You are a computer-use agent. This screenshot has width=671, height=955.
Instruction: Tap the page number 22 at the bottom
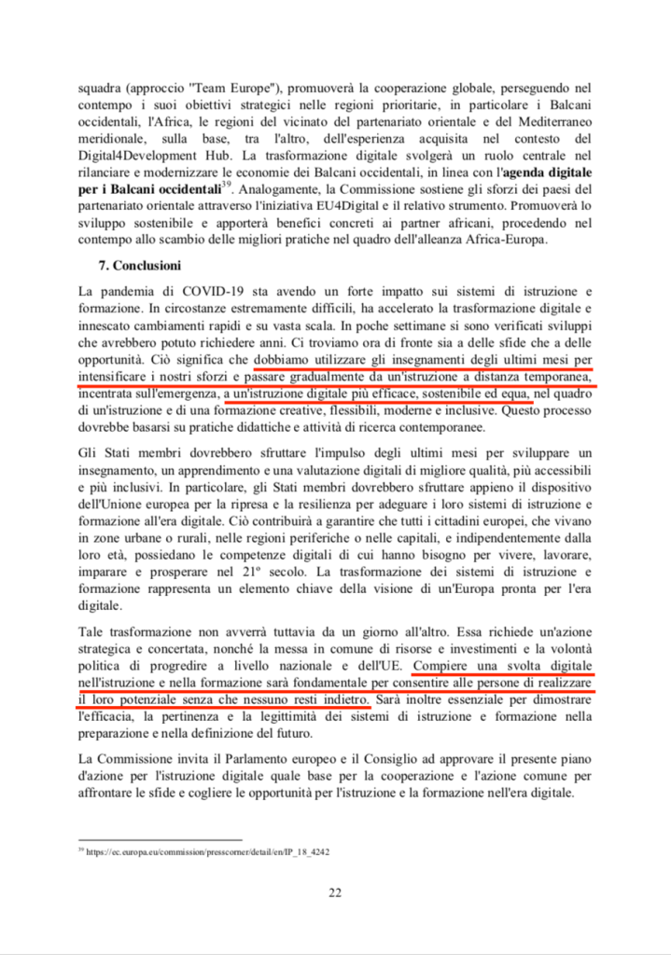coord(335,893)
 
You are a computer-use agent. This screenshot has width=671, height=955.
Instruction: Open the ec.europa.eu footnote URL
coord(206,851)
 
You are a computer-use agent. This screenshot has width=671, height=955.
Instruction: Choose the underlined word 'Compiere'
coord(446,665)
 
